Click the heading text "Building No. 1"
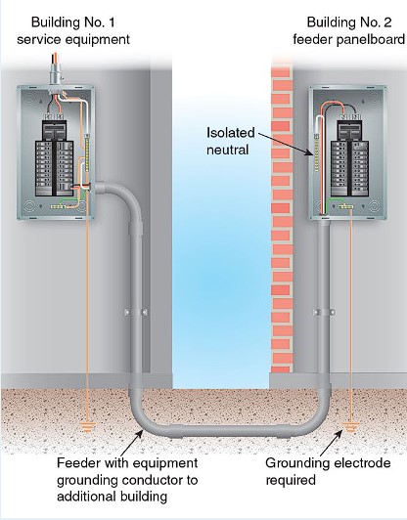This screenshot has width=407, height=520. point(73,22)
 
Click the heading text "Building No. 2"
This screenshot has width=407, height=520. point(349,22)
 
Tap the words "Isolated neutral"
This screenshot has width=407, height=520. point(230,142)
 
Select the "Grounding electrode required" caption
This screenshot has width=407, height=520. point(328,471)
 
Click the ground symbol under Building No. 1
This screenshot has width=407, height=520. point(87,427)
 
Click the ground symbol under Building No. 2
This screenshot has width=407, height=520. point(350,427)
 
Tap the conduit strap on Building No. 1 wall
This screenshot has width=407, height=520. point(136,312)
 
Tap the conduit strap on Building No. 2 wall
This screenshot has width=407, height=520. point(324,312)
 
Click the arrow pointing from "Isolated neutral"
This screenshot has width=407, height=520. point(286,145)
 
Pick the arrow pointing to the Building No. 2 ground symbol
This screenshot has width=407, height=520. point(332,443)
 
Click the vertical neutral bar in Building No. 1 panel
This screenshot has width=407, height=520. point(87,152)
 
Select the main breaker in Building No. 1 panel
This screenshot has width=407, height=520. point(54,129)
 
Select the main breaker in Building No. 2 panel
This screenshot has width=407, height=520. point(349,129)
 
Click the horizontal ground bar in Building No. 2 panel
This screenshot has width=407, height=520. point(346,207)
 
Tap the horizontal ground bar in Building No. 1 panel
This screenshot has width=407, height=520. point(59,207)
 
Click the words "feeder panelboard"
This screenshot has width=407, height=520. point(349,39)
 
